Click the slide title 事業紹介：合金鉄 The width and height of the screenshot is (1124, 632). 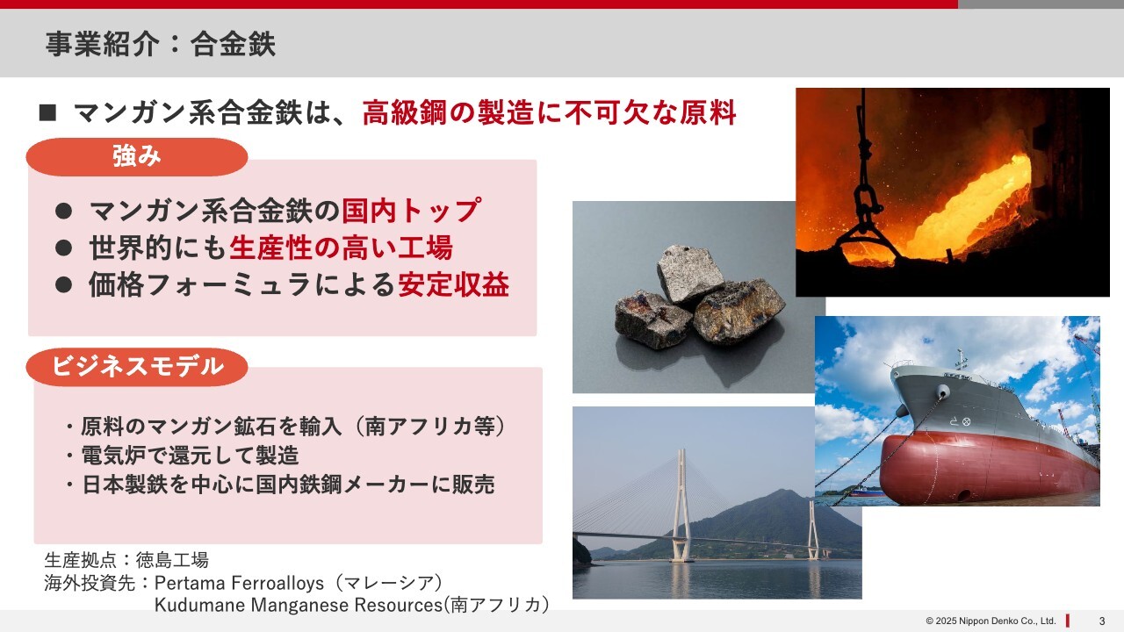tap(160, 44)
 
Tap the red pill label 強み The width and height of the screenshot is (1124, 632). tap(137, 157)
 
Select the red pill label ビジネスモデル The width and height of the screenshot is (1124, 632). tap(137, 367)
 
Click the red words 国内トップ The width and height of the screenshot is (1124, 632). tap(411, 210)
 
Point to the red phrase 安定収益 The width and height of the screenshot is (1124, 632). tap(454, 284)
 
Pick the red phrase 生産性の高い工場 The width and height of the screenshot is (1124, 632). tap(342, 248)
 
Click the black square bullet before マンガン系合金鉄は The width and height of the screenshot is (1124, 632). tap(47, 113)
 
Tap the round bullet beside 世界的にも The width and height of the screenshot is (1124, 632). tap(64, 248)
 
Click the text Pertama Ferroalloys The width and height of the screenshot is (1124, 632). tap(239, 583)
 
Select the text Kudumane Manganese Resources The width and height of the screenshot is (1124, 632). tap(299, 605)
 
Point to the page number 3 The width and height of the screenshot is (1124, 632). tap(1102, 621)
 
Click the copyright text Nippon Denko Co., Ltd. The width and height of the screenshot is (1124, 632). tap(1007, 621)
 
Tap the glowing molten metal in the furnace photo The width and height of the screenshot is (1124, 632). tap(969, 211)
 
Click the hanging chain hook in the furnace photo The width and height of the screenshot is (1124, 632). tap(864, 196)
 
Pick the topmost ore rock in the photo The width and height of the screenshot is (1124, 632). tap(690, 274)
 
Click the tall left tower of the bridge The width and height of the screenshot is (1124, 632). tap(681, 506)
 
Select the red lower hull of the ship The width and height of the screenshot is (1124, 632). tap(983, 469)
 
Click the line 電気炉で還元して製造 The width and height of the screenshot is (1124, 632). tap(191, 456)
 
